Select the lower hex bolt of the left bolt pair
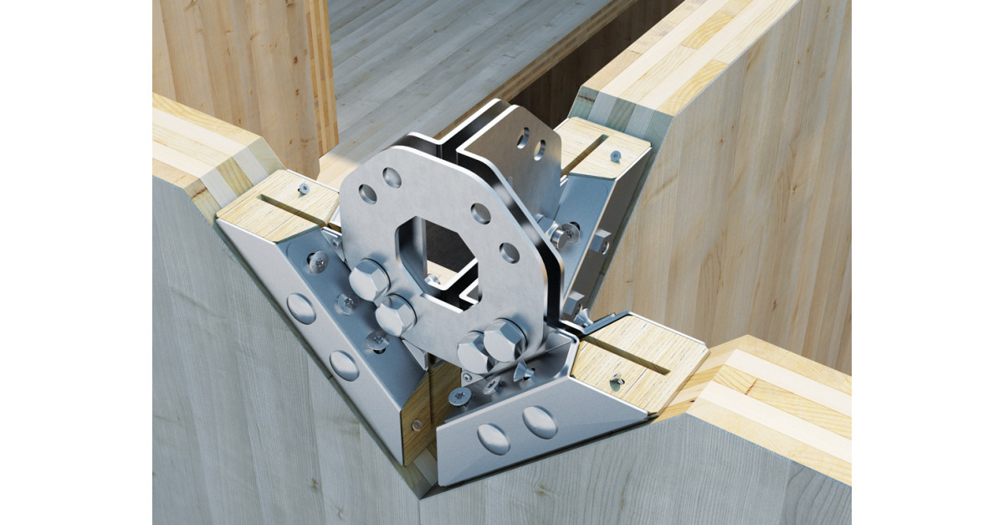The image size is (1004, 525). pyautogui.click(x=395, y=315)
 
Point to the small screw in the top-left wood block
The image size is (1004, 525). pyautogui.click(x=303, y=189)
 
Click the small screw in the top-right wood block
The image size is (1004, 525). pyautogui.click(x=615, y=156)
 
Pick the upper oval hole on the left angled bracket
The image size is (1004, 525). pyautogui.click(x=301, y=308)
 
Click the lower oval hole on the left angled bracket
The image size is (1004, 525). pyautogui.click(x=344, y=364)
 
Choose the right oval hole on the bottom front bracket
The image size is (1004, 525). pyautogui.click(x=540, y=422)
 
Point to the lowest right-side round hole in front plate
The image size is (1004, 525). pyautogui.click(x=510, y=251)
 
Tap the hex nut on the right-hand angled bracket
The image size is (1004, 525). pyautogui.click(x=601, y=245)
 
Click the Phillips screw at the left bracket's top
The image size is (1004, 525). pyautogui.click(x=318, y=262)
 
